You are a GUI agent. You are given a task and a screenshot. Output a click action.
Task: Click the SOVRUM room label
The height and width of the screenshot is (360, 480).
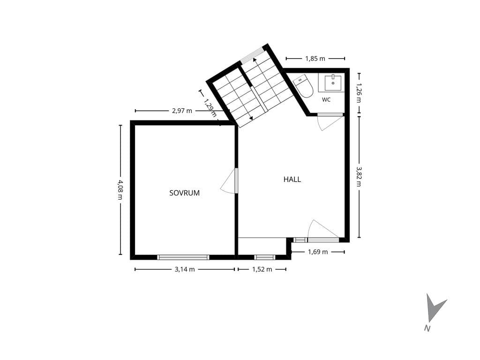(184, 193)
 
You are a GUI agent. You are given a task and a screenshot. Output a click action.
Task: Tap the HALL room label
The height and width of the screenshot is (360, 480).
(292, 180)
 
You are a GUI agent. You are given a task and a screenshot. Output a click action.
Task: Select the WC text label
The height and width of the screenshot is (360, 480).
(326, 99)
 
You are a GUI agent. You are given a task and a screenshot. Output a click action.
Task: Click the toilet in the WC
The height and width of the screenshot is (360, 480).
(303, 86)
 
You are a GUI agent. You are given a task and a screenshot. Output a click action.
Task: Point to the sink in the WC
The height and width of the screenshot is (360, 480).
(333, 82)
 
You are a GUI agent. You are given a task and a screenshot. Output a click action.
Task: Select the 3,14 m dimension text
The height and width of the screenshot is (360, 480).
(185, 270)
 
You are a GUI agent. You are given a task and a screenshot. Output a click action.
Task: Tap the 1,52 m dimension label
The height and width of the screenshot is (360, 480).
(262, 270)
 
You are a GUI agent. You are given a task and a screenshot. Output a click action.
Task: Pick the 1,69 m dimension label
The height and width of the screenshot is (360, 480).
(318, 252)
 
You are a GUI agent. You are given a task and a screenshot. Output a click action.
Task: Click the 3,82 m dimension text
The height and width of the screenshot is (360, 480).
(359, 176)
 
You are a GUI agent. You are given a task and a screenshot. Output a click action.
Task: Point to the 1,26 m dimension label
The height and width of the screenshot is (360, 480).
(359, 93)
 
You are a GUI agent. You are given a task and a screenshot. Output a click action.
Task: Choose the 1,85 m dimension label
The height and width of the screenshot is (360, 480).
(315, 59)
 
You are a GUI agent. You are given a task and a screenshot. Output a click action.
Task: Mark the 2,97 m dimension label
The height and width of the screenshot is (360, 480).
(182, 111)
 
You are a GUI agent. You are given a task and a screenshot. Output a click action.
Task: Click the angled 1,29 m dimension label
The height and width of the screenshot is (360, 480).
(210, 108)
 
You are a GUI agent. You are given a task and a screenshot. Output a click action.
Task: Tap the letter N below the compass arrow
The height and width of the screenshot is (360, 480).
(427, 329)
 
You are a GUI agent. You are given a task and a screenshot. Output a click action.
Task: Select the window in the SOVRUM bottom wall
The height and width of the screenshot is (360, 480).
(183, 257)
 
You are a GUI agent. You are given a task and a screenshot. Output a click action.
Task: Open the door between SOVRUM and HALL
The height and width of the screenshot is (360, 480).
(236, 180)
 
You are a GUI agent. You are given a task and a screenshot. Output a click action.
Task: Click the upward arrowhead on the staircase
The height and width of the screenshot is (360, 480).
(255, 60)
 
